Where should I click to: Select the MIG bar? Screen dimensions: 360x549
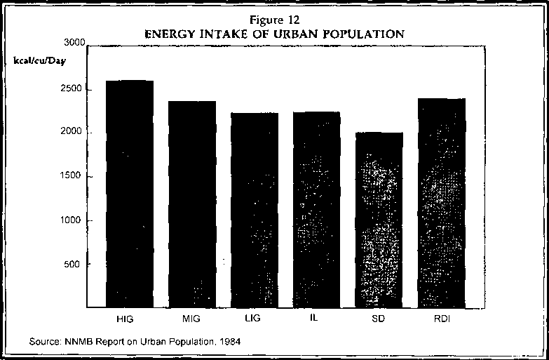point(191,204)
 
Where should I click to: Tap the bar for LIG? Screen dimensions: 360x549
point(254,210)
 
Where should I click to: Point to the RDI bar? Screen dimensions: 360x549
point(441,203)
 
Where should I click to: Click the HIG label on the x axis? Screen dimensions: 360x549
point(128,319)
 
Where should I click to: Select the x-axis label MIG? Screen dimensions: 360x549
point(191,319)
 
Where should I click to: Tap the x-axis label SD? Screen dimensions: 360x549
point(379,319)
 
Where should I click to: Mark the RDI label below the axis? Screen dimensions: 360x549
point(442,319)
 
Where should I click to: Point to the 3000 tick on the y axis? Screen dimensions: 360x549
point(74,44)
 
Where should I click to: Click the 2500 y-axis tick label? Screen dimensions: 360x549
point(74,89)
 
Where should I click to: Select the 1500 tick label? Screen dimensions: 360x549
point(74,176)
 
